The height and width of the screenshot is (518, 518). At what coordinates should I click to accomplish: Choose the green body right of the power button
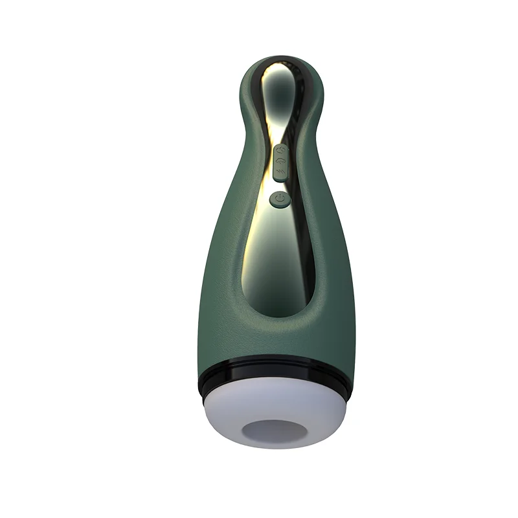pos(324,207)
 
